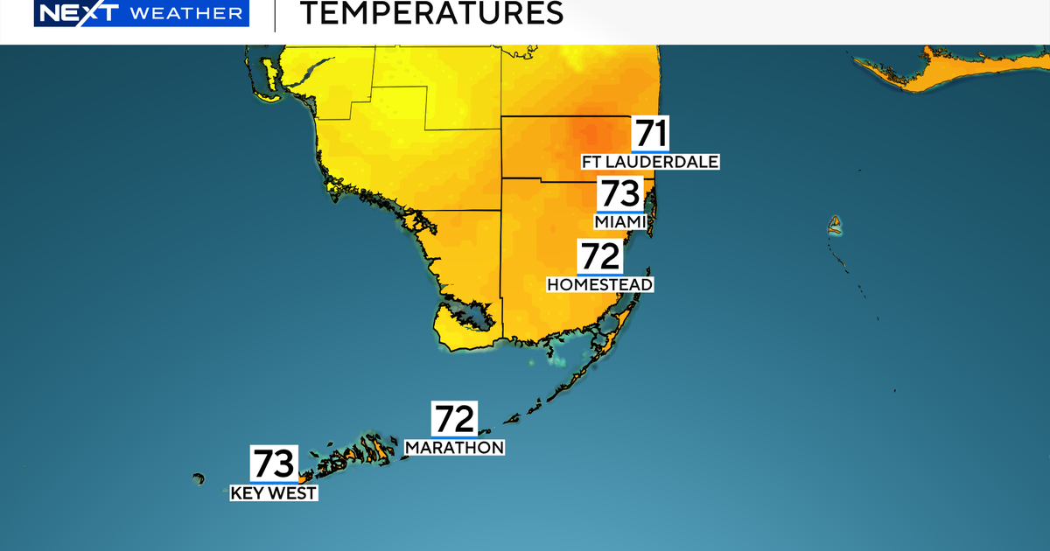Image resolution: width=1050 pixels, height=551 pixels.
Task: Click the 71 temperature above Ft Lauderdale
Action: pos(651,133)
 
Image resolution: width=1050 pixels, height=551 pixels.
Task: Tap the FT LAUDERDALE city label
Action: pos(650,162)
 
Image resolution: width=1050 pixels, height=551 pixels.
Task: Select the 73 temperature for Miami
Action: pos(620,194)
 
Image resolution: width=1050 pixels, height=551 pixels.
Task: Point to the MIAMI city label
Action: pos(620,222)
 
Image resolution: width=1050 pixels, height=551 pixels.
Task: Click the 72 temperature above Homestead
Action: pos(599,257)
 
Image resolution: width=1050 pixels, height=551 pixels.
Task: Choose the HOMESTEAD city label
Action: pos(600,284)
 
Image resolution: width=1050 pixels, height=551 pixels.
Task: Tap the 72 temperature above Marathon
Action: pos(455,420)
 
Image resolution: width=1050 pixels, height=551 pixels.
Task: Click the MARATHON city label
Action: pos(455,448)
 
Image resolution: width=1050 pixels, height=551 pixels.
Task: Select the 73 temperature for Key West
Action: pos(275,464)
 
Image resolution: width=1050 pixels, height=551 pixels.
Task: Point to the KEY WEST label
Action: pos(273,493)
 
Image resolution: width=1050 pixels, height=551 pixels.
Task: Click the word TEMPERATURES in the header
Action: pos(431,14)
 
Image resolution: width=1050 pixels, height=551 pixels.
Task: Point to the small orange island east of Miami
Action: pos(836,226)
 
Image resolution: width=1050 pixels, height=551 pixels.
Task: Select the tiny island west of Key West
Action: pos(199,478)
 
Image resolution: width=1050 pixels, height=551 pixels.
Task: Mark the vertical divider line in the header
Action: pos(275,16)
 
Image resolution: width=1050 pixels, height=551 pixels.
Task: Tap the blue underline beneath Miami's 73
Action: pos(620,212)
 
